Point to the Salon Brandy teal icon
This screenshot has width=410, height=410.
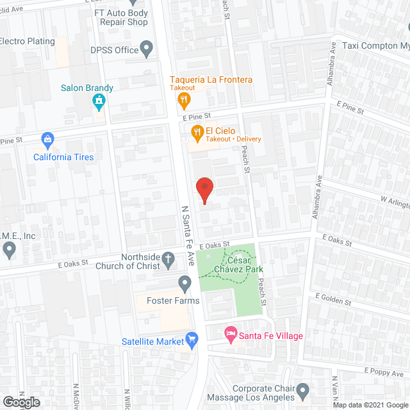coord(99,102)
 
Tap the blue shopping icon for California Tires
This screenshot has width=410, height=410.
coord(47,138)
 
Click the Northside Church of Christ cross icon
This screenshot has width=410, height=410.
coord(168,259)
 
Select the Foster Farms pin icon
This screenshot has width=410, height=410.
coord(185,283)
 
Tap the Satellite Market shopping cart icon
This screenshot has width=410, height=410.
coord(191,340)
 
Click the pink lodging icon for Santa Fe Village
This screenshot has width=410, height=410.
coord(230,333)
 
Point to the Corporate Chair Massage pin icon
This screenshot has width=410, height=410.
coord(303,389)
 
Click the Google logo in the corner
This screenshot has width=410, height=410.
coord(20,402)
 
